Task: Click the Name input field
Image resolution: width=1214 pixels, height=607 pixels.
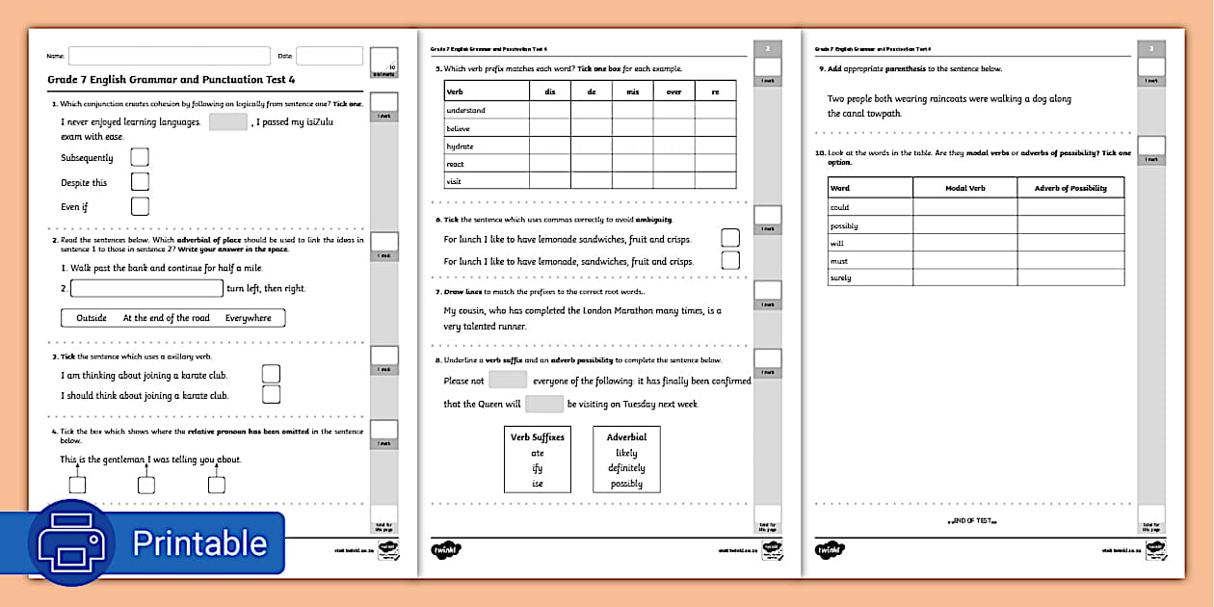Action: pyautogui.click(x=169, y=56)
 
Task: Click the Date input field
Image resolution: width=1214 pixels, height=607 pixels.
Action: pyautogui.click(x=329, y=56)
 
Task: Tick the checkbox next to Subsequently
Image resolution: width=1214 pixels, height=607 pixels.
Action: pyautogui.click(x=140, y=157)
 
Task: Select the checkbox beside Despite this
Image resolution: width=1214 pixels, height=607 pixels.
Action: pyautogui.click(x=140, y=182)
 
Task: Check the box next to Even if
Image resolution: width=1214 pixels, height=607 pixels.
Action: pyautogui.click(x=140, y=206)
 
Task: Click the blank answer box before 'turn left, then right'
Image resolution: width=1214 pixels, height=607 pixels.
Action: pyautogui.click(x=146, y=288)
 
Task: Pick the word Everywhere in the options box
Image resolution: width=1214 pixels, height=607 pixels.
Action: pyautogui.click(x=249, y=318)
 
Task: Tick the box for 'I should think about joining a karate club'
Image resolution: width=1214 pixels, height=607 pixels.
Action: pyautogui.click(x=272, y=394)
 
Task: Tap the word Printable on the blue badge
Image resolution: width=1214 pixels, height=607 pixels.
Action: pyautogui.click(x=199, y=542)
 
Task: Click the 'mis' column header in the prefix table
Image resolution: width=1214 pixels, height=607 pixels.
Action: pyautogui.click(x=632, y=92)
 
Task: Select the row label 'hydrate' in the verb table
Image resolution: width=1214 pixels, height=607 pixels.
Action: pyautogui.click(x=460, y=146)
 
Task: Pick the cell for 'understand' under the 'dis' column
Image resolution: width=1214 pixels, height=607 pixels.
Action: pyautogui.click(x=549, y=111)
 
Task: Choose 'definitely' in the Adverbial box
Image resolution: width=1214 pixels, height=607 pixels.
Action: pyautogui.click(x=626, y=468)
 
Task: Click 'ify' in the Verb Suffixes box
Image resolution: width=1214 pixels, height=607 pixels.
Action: pyautogui.click(x=538, y=468)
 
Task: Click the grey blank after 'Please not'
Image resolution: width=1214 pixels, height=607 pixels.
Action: pyautogui.click(x=508, y=381)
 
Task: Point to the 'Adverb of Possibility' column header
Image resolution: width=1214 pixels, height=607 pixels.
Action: pyautogui.click(x=1070, y=188)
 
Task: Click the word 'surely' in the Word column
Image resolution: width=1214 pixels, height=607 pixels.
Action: pyautogui.click(x=840, y=277)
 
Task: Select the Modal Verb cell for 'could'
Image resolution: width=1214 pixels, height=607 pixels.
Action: pyautogui.click(x=964, y=207)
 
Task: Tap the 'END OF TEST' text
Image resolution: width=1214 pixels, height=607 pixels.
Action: pyautogui.click(x=971, y=520)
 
